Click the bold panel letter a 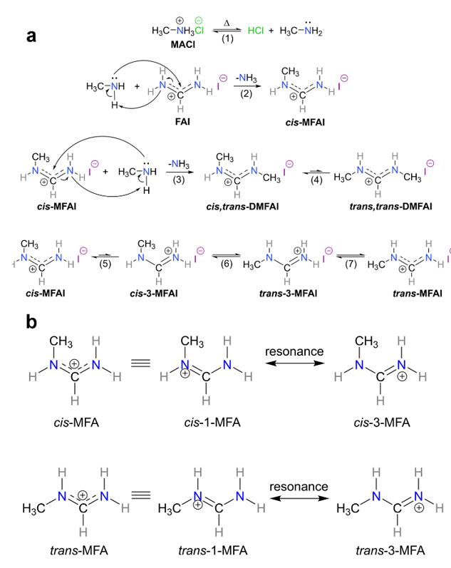(x=31, y=36)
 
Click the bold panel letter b (x=31, y=321)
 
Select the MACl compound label (x=183, y=45)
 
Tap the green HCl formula (x=256, y=31)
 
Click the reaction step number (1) (x=227, y=38)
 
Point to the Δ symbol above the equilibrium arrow (x=227, y=24)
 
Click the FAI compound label (x=182, y=121)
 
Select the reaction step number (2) (x=247, y=94)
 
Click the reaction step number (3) (x=179, y=180)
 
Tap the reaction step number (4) (x=316, y=180)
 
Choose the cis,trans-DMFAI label (x=243, y=207)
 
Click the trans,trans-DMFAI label (x=391, y=207)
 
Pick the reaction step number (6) (x=227, y=264)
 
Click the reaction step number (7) (x=351, y=264)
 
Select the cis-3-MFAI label (x=154, y=293)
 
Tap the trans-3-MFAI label (x=289, y=293)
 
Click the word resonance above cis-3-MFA (x=294, y=351)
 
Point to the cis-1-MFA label (x=212, y=423)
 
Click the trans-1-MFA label (x=213, y=551)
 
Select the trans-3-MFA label (x=390, y=551)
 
